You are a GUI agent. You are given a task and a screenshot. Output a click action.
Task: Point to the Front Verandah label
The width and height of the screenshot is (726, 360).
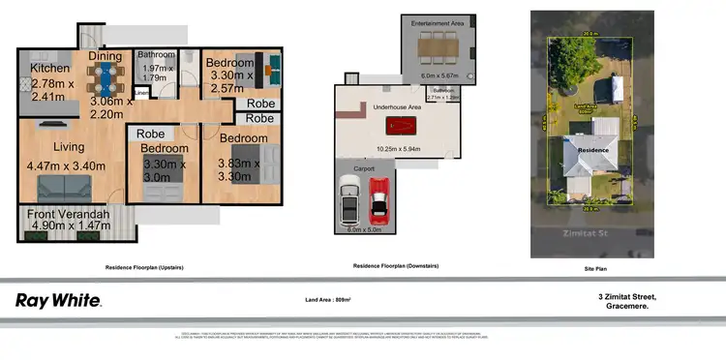[x=67, y=214]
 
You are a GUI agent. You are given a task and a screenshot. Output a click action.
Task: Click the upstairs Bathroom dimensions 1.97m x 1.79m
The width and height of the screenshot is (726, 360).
[x=155, y=74]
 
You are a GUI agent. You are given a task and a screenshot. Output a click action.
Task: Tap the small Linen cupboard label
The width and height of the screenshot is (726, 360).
[x=141, y=93]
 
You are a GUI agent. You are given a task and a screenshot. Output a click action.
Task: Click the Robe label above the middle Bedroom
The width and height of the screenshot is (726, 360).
[x=150, y=134]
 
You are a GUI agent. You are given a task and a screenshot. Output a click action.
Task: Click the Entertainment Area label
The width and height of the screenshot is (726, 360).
[x=437, y=21]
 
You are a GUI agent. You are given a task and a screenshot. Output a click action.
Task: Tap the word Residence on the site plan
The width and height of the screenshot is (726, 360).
[x=592, y=150]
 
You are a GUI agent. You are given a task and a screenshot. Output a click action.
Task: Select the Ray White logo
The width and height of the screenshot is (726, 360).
[x=58, y=300]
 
